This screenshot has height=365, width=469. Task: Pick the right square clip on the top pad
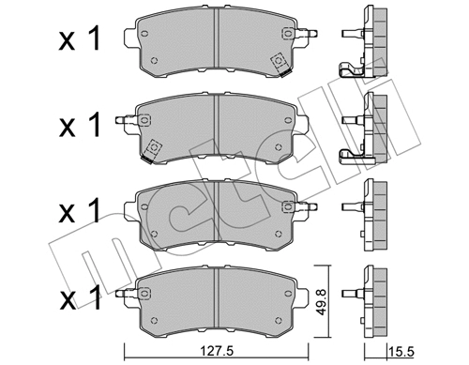pos(279,62)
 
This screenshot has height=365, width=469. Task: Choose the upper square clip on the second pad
pos(145,120)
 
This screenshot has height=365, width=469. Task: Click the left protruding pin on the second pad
pos(120,119)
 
